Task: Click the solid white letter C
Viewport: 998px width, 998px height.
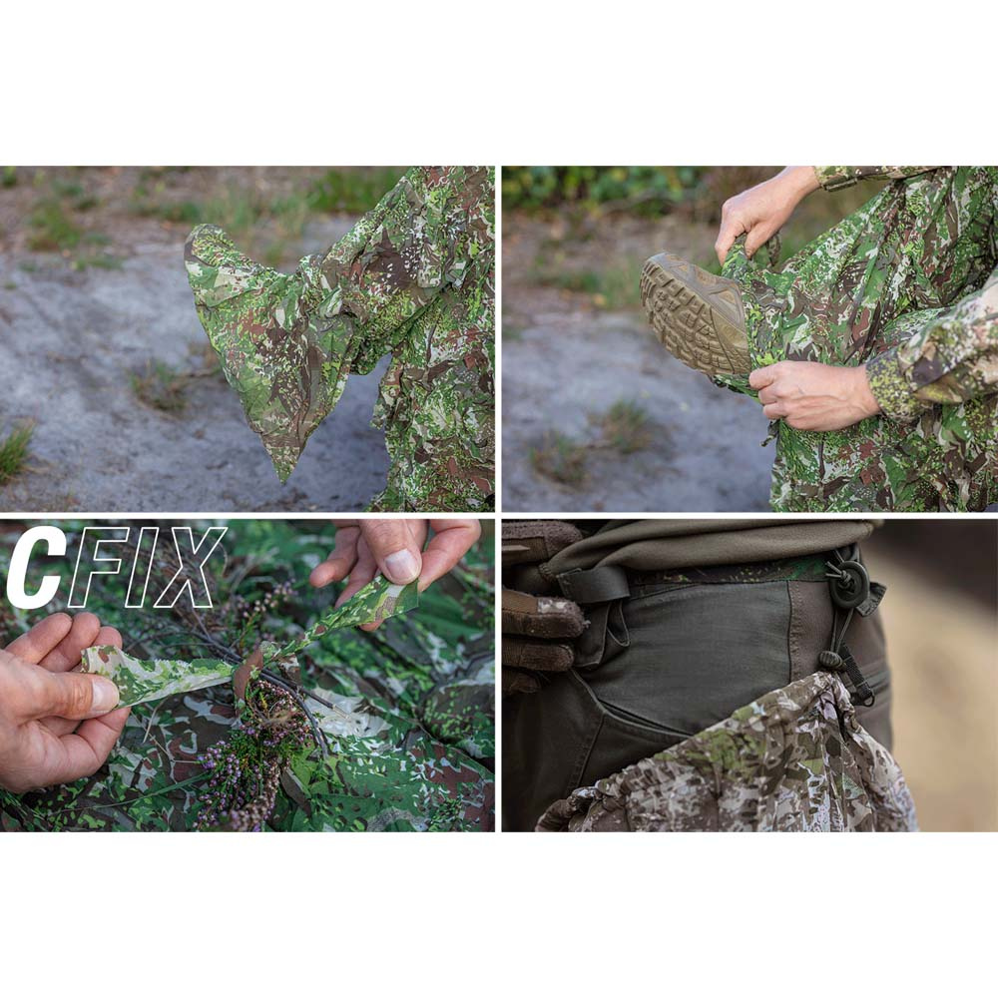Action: tap(34, 567)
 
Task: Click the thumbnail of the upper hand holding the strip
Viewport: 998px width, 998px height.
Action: tap(401, 566)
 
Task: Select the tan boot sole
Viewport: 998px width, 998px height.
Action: tap(695, 311)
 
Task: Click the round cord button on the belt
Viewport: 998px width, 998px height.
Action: tap(847, 584)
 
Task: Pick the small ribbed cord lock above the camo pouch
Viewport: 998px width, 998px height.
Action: tap(830, 659)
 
